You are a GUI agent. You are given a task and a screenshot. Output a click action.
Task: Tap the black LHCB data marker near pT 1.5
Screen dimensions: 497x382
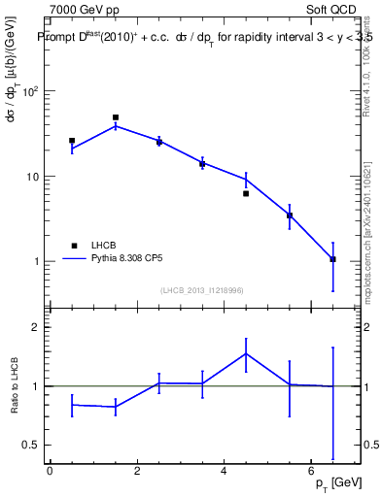click(x=116, y=117)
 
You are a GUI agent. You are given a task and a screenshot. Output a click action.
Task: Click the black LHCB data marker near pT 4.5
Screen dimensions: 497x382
click(x=246, y=193)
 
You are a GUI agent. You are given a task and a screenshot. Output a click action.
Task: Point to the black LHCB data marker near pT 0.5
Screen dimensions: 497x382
click(x=72, y=141)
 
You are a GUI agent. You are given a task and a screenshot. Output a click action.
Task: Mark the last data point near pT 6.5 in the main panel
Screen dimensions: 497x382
click(x=333, y=259)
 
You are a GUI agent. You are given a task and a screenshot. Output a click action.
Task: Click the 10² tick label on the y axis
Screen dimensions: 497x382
click(x=30, y=91)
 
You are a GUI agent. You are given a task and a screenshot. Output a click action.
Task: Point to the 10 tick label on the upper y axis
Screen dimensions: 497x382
click(x=32, y=177)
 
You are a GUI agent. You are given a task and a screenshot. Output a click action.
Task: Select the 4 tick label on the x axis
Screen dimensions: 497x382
click(x=225, y=471)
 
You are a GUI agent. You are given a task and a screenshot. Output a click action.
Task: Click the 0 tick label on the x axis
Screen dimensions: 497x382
click(x=50, y=471)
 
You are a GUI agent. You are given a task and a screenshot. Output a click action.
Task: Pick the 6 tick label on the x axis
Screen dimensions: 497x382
click(x=311, y=471)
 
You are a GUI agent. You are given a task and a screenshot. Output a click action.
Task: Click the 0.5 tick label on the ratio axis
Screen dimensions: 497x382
click(x=30, y=445)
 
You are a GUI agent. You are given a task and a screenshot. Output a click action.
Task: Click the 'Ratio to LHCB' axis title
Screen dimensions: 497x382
click(x=15, y=385)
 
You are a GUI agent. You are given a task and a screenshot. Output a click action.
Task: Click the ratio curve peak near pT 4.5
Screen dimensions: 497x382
click(x=246, y=352)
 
